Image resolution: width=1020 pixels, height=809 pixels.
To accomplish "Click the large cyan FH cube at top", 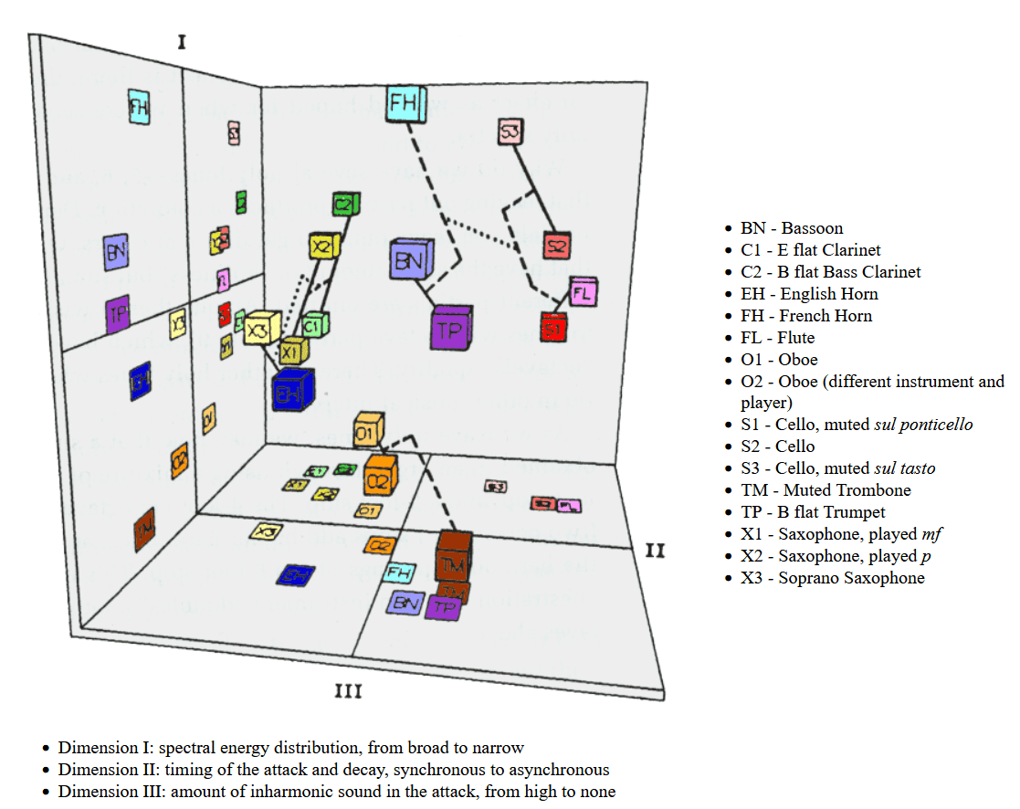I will [405, 103].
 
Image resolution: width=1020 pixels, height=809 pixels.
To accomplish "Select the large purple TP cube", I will [451, 328].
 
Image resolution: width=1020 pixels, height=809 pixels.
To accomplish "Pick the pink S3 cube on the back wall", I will [510, 132].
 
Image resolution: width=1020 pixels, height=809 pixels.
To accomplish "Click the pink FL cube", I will [583, 292].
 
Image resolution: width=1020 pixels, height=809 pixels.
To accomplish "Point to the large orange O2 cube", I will [380, 478].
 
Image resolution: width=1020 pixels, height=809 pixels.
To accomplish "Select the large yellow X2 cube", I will [322, 246].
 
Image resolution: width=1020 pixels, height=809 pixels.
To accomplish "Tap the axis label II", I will [655, 551].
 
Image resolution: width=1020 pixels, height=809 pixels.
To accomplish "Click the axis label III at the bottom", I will [347, 691].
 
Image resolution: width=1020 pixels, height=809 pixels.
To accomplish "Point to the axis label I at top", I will [182, 42].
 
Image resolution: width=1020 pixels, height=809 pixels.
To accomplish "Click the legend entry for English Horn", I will [808, 294].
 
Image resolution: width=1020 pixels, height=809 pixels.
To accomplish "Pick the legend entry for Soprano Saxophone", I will [832, 578].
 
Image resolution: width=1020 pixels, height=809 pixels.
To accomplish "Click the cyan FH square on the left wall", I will [139, 108].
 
